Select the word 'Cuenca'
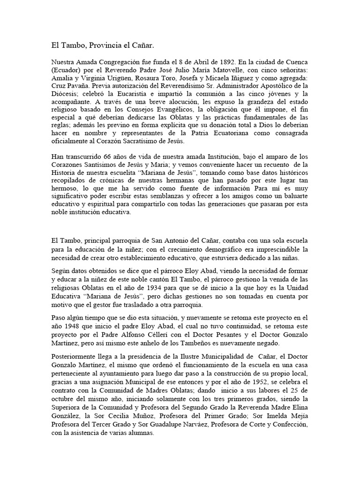click(x=296, y=61)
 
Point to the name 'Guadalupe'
click(x=154, y=424)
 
